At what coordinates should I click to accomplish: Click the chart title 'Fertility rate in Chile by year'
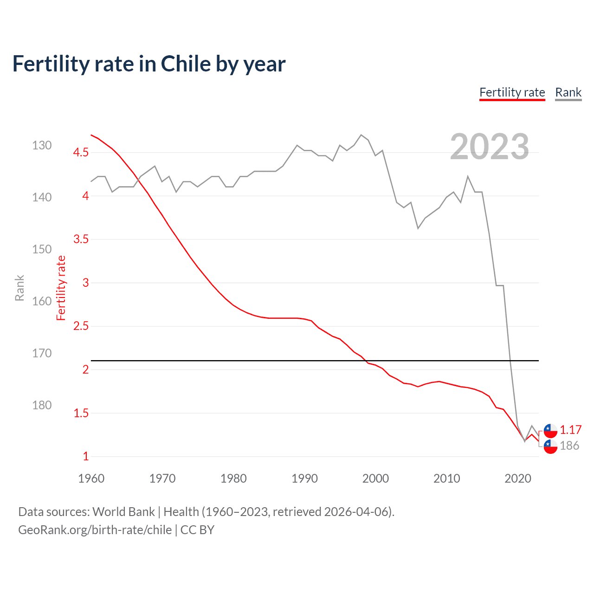[148, 64]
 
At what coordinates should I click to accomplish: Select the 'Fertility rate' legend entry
[512, 92]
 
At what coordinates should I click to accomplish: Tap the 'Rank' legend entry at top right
[568, 92]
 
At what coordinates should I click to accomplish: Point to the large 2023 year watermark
[489, 147]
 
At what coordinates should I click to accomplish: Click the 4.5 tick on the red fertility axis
[81, 152]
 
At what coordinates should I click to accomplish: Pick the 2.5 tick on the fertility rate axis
[81, 326]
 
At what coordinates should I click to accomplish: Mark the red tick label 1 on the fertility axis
[85, 456]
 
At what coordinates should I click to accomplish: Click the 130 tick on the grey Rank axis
[42, 145]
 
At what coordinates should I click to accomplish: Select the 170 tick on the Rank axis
[42, 353]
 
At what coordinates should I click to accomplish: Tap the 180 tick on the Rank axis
[42, 405]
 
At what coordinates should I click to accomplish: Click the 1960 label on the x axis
[91, 478]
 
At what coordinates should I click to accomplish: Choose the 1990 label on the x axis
[304, 478]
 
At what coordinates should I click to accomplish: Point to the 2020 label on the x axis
[517, 478]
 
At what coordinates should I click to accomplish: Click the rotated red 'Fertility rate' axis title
[61, 288]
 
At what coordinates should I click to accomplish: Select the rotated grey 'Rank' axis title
[19, 288]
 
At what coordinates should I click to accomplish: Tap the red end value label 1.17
[570, 430]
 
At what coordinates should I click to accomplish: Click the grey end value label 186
[569, 445]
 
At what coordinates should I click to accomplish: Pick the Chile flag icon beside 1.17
[550, 431]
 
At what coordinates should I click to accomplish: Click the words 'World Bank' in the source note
[123, 512]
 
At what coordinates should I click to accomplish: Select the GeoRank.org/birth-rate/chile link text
[95, 530]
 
